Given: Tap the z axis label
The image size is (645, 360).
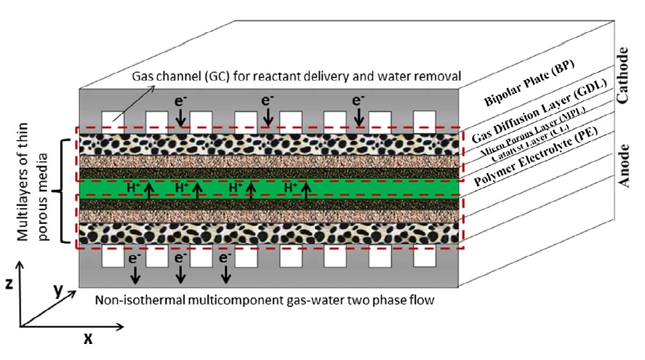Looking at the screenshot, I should click(9, 284).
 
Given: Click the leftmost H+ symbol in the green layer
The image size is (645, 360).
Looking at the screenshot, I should click(135, 188).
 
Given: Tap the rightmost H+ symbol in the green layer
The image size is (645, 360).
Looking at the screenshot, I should click(292, 188).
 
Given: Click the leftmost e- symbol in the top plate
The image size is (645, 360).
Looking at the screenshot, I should click(179, 102).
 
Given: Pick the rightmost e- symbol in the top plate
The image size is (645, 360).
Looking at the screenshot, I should click(357, 102).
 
